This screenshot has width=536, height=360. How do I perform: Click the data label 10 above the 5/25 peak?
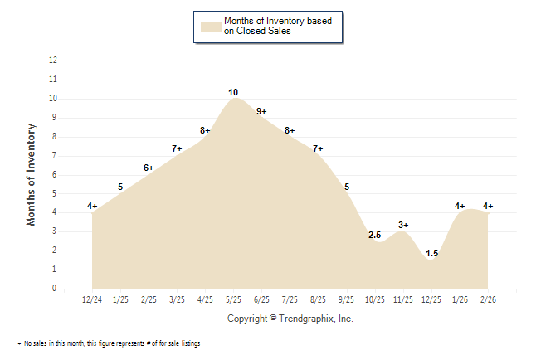click(x=234, y=92)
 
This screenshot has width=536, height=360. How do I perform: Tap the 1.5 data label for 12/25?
click(x=431, y=253)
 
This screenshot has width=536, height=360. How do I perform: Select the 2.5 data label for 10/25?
click(x=375, y=235)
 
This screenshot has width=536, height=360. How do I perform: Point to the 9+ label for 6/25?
click(x=261, y=111)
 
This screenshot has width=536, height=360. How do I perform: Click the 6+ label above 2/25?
click(x=149, y=168)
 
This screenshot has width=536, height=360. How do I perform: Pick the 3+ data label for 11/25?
click(x=403, y=225)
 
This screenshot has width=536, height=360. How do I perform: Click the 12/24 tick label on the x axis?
click(x=92, y=299)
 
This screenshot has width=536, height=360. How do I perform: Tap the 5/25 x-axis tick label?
click(x=234, y=299)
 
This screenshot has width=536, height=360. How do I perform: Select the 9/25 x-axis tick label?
click(x=347, y=299)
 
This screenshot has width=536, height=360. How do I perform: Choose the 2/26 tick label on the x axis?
click(x=488, y=299)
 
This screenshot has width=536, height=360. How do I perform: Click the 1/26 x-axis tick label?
click(x=460, y=299)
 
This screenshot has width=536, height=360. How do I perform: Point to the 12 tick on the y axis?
click(x=53, y=61)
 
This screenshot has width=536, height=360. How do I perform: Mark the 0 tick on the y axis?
click(x=55, y=289)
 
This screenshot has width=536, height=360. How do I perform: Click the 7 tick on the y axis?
click(x=55, y=156)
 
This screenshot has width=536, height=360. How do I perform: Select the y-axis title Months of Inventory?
click(x=32, y=174)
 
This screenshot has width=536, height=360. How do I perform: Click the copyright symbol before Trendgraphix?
click(x=273, y=319)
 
